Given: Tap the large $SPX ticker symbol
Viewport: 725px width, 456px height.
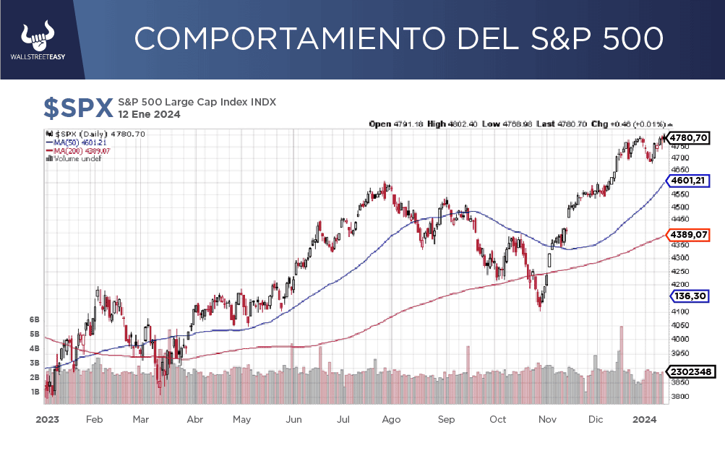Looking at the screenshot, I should coord(78,108).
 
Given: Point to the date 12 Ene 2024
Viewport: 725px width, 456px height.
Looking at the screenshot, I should coord(149,114).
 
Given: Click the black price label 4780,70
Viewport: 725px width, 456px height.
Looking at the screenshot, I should coord(688,137).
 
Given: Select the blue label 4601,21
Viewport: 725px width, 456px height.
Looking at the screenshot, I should coord(688,181).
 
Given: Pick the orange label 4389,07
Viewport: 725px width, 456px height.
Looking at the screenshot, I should coord(688,235).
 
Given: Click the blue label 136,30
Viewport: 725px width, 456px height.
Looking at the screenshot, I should coord(688,296).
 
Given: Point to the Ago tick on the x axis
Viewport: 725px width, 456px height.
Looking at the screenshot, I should coord(391,419).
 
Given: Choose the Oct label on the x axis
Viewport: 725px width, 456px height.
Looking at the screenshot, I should coord(497,419).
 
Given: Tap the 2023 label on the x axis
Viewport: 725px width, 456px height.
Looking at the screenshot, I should coord(47,419).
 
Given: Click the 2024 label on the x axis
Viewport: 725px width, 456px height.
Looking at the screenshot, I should coord(644,419).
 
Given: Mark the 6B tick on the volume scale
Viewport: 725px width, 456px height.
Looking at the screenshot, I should coord(34,319).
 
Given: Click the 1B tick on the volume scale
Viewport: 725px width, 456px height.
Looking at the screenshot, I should coord(34,392).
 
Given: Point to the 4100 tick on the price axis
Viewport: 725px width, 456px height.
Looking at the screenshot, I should coord(679,311).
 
